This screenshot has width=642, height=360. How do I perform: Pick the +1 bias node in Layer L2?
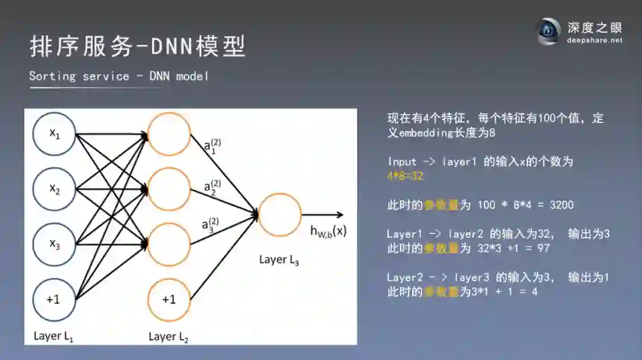tap(169, 299)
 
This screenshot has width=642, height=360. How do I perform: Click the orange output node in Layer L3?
tap(279, 215)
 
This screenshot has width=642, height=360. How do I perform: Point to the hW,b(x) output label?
tap(328, 232)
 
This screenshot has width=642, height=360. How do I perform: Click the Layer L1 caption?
tap(53, 336)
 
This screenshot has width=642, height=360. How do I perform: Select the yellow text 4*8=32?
tap(405, 176)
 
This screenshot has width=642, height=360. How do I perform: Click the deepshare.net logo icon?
tap(549, 31)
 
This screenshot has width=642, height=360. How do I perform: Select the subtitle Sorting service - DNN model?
tap(118, 76)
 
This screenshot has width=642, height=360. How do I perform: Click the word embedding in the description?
tap(426, 132)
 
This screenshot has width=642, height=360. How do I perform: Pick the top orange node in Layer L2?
tap(169, 134)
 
